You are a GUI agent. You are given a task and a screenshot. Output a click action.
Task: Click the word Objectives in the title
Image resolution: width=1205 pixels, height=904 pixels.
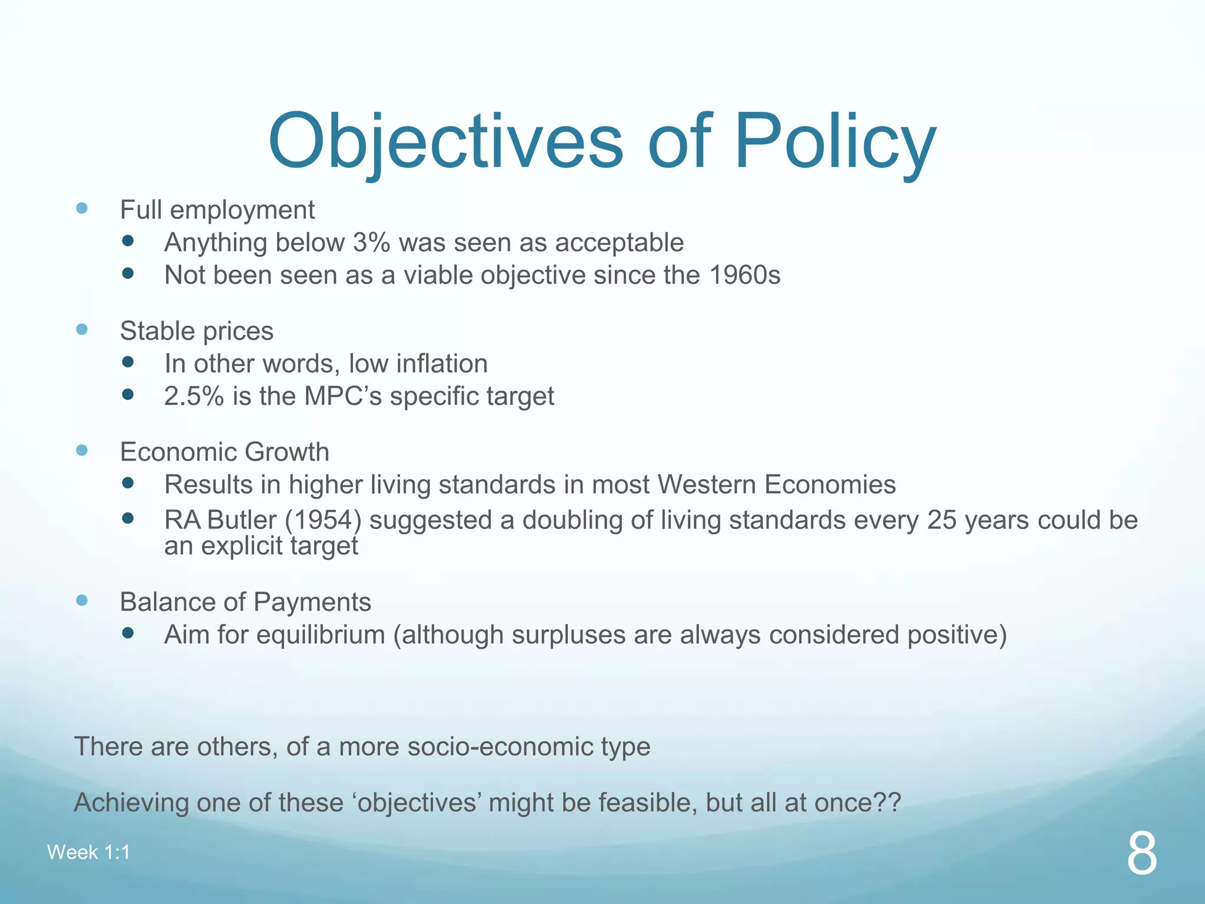point(445,142)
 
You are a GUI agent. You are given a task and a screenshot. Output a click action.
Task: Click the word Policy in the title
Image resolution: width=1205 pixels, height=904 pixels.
point(835,142)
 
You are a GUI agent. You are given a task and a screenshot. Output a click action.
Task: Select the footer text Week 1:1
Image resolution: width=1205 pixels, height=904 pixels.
point(88,852)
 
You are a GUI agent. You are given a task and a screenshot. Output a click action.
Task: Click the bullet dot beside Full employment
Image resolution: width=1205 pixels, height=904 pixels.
point(82,208)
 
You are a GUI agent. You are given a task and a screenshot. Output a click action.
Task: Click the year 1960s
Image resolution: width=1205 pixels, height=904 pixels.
point(744,275)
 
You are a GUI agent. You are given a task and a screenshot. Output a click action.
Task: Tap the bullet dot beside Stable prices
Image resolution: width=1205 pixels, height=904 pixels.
point(82,330)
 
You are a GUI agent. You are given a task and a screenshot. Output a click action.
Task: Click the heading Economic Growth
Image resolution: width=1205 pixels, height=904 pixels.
point(224,452)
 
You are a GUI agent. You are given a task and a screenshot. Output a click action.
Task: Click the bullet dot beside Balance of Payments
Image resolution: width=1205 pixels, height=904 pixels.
point(82,600)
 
